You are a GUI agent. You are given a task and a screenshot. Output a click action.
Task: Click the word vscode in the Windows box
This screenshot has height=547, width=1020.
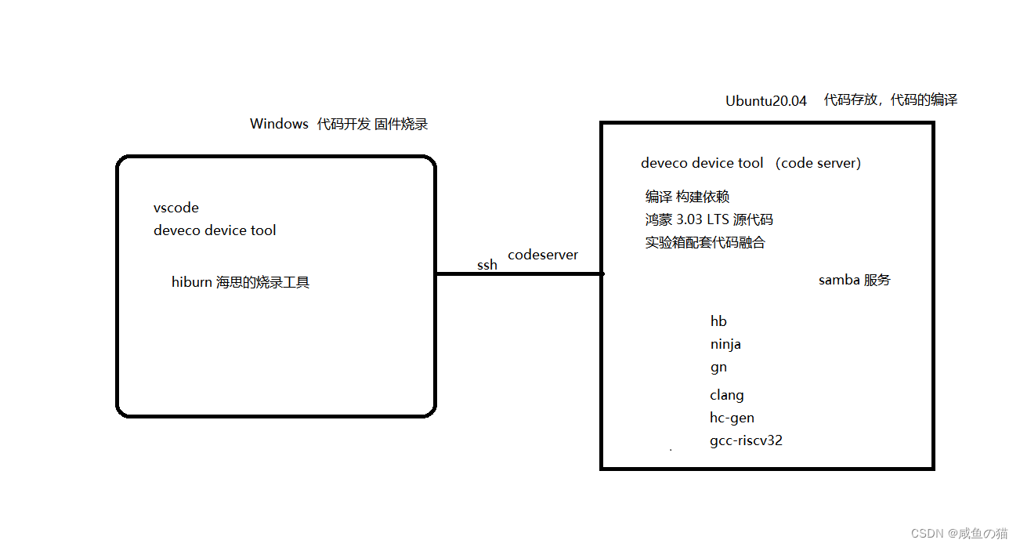pos(176,208)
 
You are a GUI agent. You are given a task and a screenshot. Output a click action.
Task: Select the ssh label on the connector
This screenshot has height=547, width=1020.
pos(487,265)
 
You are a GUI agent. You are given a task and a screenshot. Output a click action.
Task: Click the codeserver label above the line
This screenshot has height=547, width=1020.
pos(543,255)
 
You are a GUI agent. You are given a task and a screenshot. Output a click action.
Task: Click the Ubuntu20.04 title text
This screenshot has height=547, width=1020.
pos(765,101)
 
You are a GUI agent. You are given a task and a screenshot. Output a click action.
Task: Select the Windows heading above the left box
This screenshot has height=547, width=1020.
pos(279,124)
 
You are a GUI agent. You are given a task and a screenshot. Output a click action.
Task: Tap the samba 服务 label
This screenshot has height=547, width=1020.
pos(854,280)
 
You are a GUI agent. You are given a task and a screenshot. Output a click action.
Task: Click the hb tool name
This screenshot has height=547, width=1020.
pos(718,321)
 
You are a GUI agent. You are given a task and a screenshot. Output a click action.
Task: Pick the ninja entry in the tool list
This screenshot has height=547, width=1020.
pos(725,344)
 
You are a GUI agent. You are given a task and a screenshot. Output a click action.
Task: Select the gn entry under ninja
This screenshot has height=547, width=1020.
pos(718,367)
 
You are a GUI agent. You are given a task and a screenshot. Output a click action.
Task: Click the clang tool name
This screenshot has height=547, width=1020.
pos(727,395)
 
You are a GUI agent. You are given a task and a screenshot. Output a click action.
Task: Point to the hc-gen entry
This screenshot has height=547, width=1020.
pos(732,418)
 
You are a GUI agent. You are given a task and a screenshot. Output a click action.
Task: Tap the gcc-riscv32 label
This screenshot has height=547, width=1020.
pos(746,440)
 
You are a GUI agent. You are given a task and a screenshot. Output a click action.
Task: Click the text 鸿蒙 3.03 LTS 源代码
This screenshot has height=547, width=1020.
pos(709,219)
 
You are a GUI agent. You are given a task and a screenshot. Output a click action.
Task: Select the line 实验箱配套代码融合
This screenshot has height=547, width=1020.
pos(705,242)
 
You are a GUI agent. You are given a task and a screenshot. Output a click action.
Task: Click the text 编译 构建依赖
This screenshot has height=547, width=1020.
pos(687,197)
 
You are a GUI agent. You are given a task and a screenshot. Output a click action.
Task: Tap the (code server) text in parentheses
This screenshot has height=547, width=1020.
pos(818,163)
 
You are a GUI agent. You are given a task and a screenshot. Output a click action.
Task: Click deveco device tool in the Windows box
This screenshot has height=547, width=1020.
pos(215,230)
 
